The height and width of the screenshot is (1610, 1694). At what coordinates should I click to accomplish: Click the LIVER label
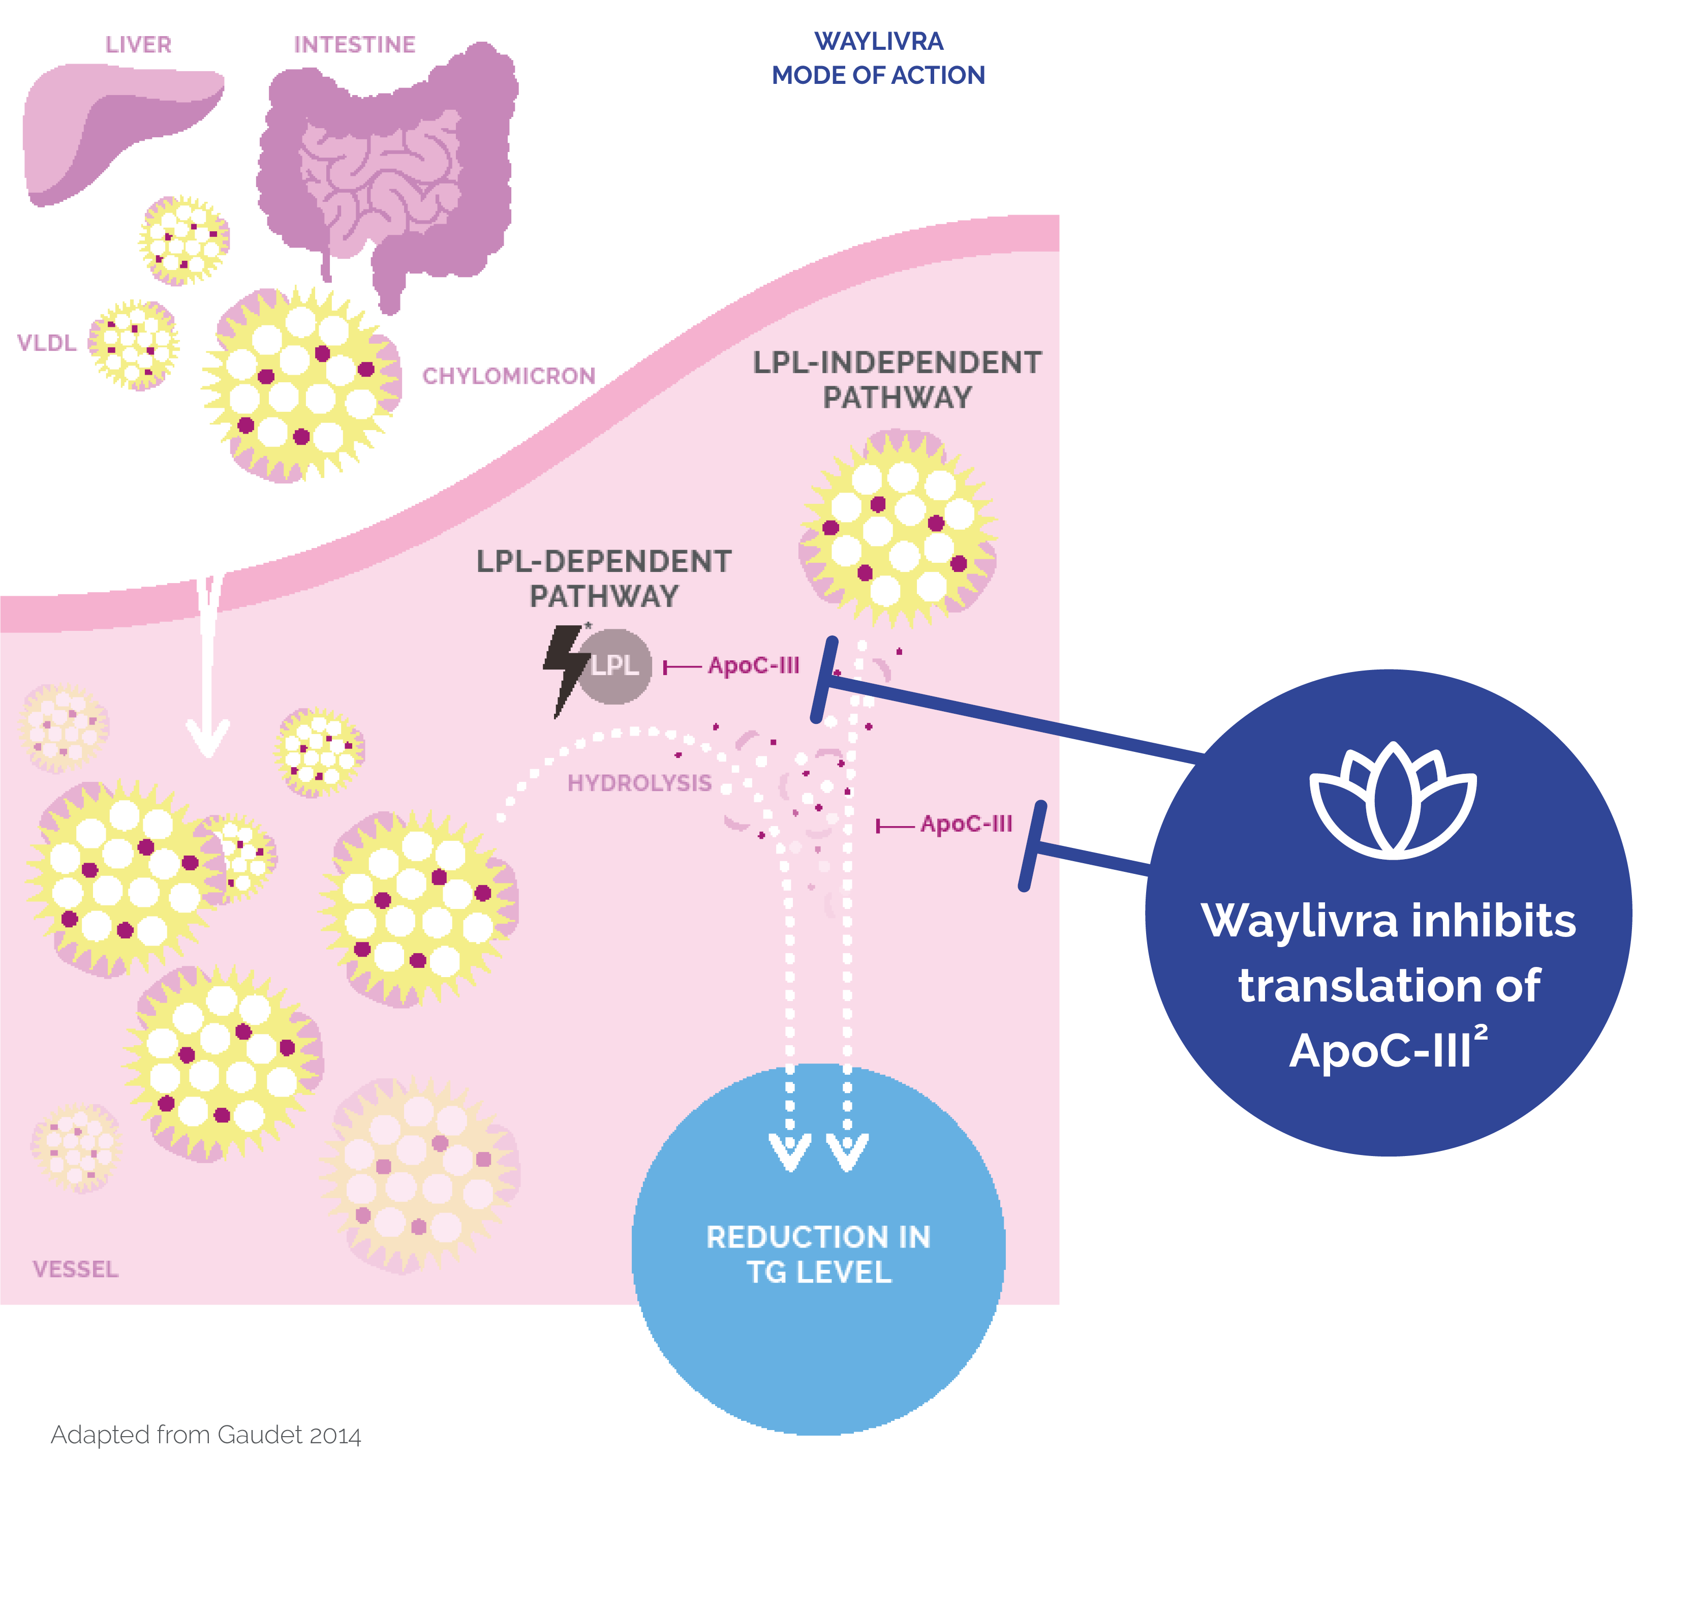pos(138,45)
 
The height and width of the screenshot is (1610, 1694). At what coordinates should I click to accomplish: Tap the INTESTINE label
pos(354,45)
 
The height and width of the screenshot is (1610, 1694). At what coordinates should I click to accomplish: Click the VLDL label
pos(47,343)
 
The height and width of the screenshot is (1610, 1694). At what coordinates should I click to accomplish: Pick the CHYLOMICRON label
pos(508,376)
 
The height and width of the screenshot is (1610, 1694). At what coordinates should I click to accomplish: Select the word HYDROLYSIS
pos(639,783)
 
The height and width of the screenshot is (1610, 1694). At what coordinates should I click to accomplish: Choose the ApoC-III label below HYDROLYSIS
pos(966,824)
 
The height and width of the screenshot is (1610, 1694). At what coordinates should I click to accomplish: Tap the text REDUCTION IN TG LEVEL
pos(818,1254)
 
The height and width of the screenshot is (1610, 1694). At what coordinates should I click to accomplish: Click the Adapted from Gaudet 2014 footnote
pos(206,1435)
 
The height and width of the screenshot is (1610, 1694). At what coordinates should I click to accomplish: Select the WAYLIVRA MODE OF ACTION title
pos(878,58)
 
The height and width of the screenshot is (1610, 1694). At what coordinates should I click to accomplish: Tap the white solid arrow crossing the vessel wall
pos(208,670)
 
